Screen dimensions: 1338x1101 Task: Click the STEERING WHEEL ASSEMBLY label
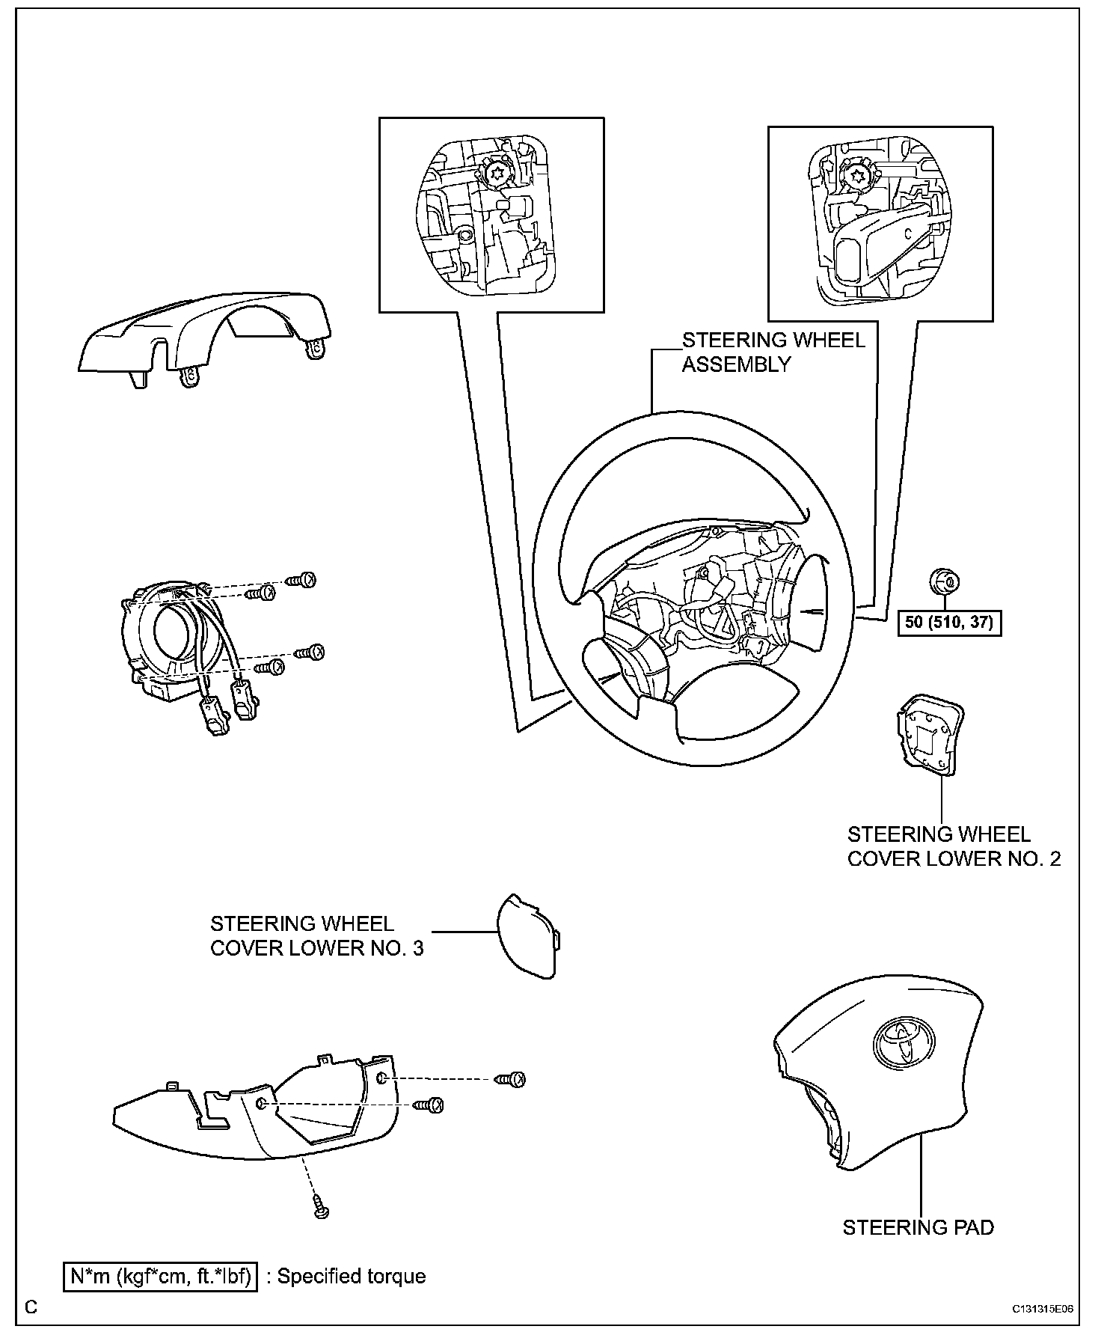[x=773, y=352]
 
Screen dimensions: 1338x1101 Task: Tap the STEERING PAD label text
[x=918, y=1227]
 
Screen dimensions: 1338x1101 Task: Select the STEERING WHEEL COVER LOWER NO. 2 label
[x=953, y=846]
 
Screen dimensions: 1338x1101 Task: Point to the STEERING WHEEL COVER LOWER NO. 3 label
[x=316, y=935]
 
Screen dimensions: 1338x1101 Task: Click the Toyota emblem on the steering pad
[x=903, y=1039]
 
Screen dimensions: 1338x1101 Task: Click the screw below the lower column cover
[x=322, y=1209]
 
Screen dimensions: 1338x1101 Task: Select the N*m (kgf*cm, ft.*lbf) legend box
[x=160, y=1276]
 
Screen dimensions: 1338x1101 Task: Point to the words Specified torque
[x=351, y=1276]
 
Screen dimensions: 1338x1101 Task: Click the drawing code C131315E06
[x=1043, y=1309]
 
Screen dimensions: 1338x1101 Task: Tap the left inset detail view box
[x=491, y=214]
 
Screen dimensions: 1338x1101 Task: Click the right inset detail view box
[x=880, y=223]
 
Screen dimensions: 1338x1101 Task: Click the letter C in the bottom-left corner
[x=30, y=1307]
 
